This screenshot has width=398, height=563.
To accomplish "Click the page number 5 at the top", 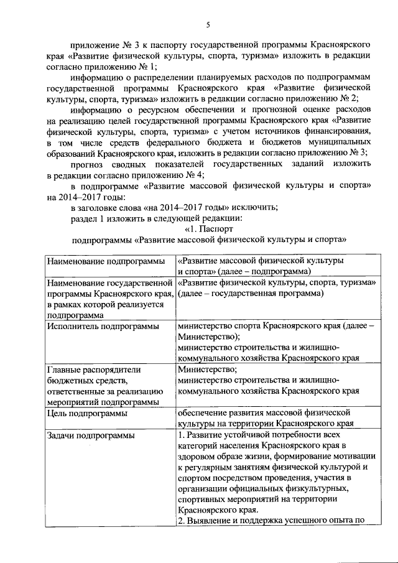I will tap(208, 24).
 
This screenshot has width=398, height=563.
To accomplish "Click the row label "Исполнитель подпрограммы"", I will tap(96, 325).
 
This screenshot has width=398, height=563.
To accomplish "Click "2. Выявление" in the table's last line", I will tap(206, 521).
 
